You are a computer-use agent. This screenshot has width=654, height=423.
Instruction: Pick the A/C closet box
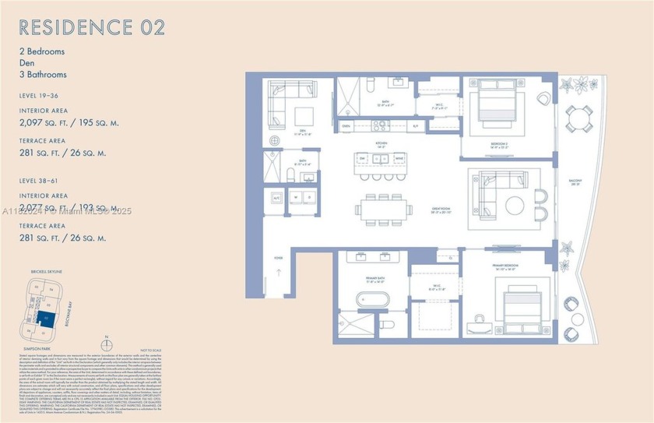coord(276,198)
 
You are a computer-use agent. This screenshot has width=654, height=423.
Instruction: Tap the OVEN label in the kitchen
coord(346,126)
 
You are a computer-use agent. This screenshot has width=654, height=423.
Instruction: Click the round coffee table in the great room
coord(515,206)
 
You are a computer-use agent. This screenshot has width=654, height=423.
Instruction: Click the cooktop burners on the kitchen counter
coord(381,125)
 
